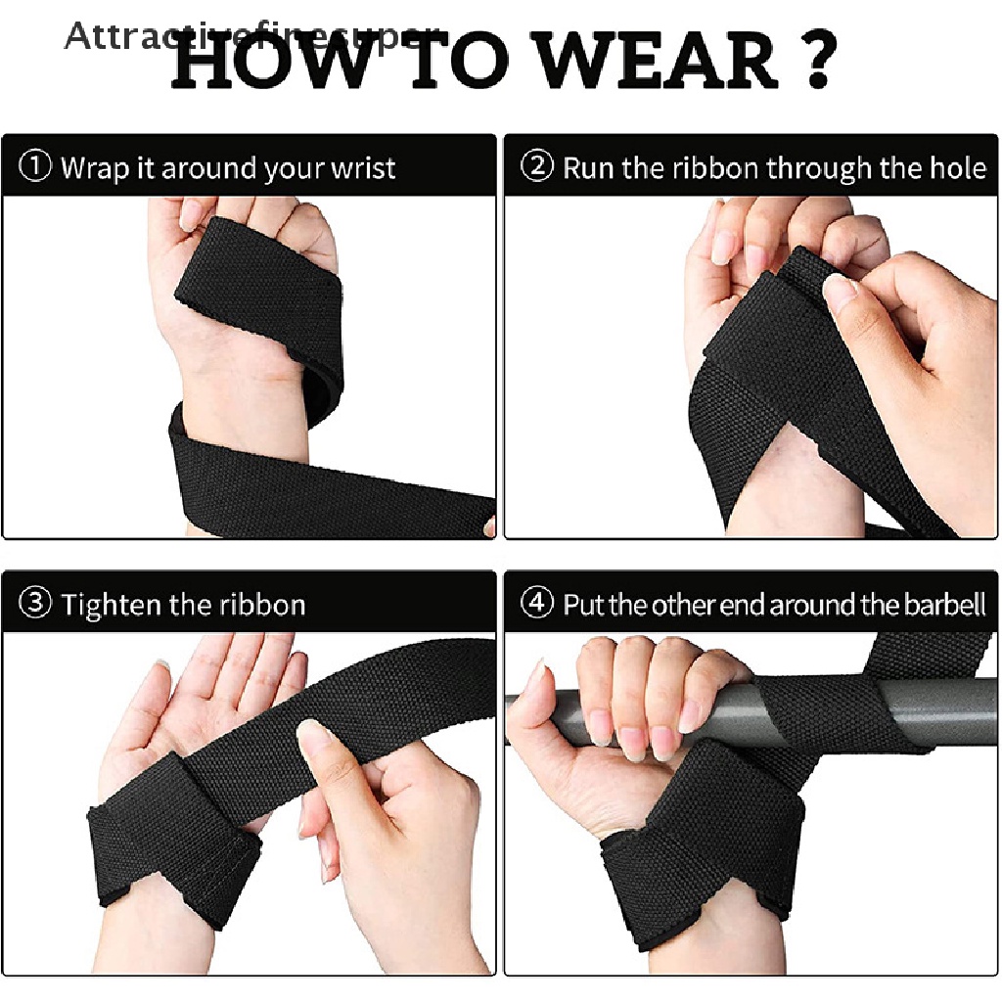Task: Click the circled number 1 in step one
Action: point(35,167)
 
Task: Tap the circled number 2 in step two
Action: point(536,167)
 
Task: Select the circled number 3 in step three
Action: point(35,604)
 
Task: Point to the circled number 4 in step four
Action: point(536,604)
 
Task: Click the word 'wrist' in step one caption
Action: point(362,168)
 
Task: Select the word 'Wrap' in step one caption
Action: point(94,168)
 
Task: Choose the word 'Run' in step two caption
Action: point(589,168)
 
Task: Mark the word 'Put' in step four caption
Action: point(583,605)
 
